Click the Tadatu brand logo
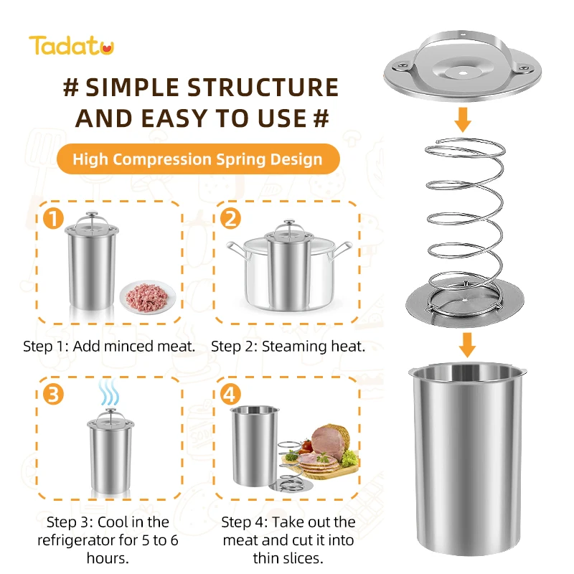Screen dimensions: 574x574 (x=71, y=46)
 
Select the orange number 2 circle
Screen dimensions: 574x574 (x=230, y=218)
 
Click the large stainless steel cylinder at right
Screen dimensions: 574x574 (x=466, y=459)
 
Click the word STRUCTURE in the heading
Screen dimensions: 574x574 (x=263, y=88)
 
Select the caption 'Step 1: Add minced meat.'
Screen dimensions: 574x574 (x=109, y=347)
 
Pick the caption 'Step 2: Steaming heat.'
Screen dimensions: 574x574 (x=288, y=347)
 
